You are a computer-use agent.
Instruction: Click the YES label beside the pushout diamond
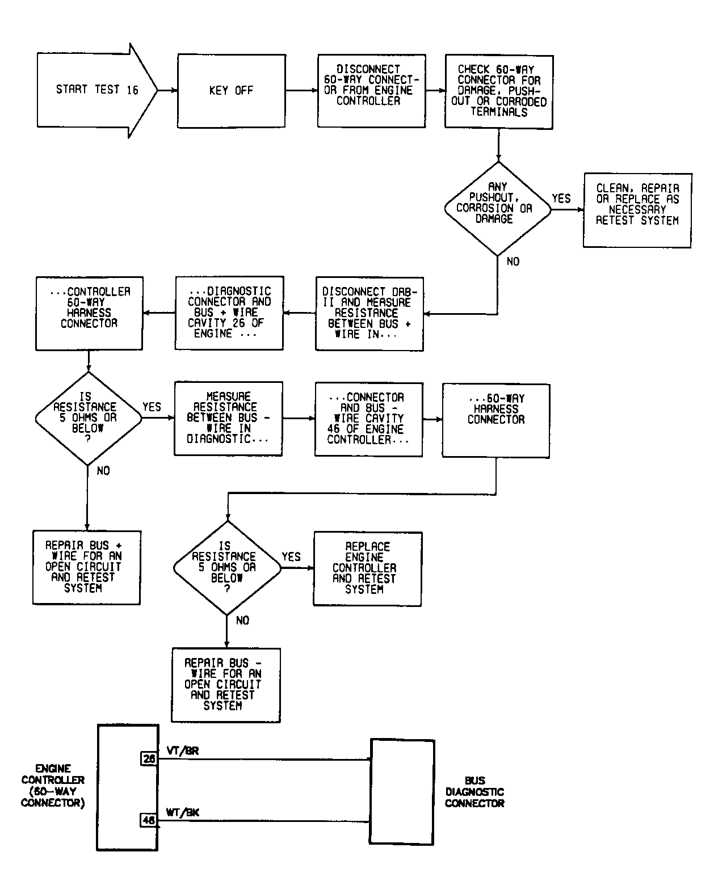[x=561, y=199]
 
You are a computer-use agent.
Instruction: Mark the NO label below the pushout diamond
[x=513, y=262]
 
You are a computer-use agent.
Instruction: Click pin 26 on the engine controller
[x=148, y=759]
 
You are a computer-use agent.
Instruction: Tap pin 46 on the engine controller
[x=148, y=820]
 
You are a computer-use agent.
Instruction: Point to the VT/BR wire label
[x=183, y=750]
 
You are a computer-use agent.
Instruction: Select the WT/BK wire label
[x=182, y=812]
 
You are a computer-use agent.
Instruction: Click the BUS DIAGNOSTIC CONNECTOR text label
[x=474, y=792]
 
